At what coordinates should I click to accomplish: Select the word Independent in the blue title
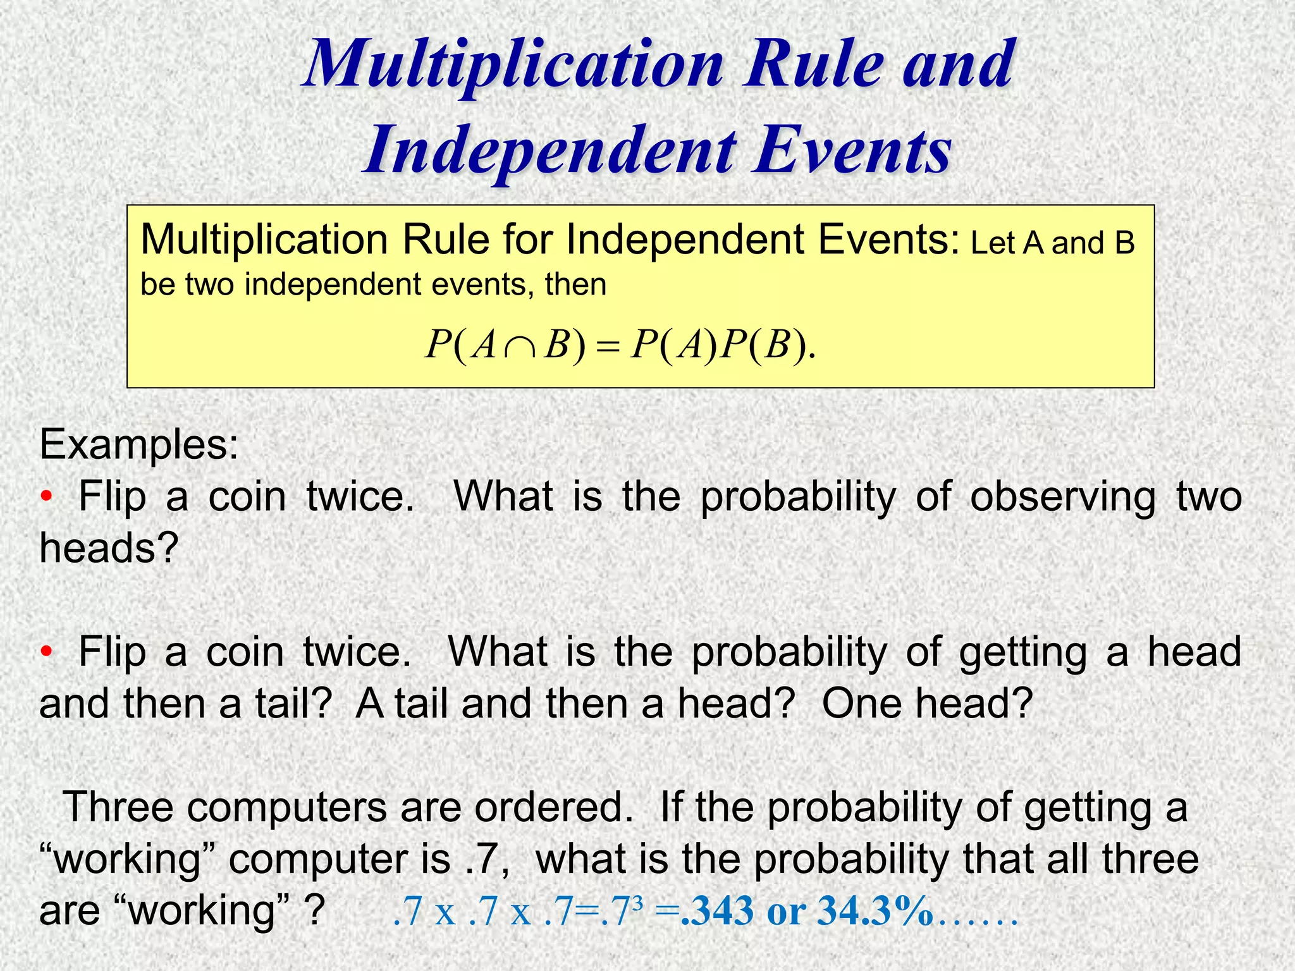click(x=550, y=152)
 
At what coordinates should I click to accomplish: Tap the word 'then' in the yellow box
click(x=575, y=284)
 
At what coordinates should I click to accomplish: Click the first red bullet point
click(x=45, y=497)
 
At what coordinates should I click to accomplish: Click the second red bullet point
click(x=45, y=652)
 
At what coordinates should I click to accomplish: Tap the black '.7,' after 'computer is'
click(x=487, y=860)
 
